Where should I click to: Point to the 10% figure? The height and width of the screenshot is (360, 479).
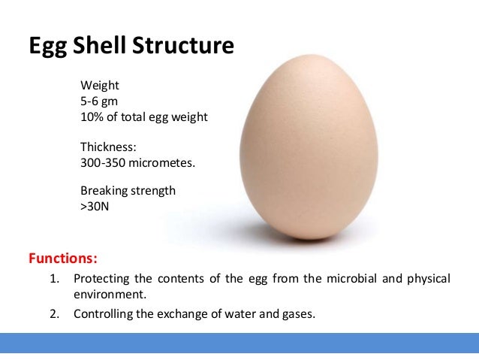[92, 117]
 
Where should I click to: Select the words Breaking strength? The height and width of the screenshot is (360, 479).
[128, 190]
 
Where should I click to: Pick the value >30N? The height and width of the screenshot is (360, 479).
[95, 206]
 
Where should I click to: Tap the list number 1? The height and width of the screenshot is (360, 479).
[54, 280]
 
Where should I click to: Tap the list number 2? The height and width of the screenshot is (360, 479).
[54, 313]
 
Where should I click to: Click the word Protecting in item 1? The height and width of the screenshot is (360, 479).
[103, 280]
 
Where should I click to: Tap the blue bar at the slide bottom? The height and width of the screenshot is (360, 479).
[239, 342]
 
